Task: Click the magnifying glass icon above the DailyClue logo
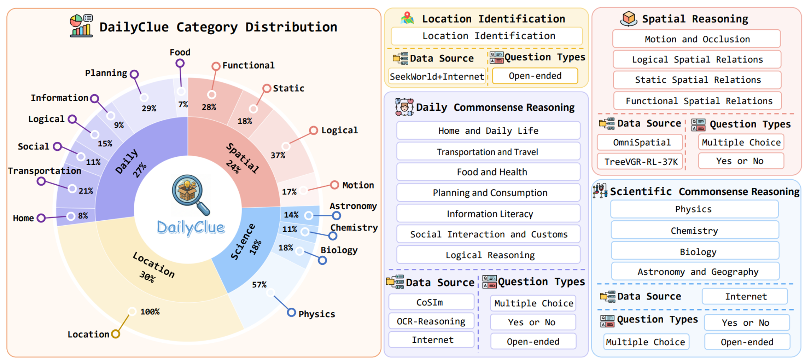coord(190,194)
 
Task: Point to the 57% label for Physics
coord(259,285)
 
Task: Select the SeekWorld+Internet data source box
coord(437,76)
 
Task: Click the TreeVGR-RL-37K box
coord(641,162)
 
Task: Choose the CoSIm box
coord(430,302)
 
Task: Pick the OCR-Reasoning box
coord(431,321)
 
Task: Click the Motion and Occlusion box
coord(697,39)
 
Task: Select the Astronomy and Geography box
coord(698,272)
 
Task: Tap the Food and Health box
coord(491,172)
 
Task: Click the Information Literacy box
coord(490,214)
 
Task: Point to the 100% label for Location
coord(150,312)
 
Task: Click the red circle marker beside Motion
coord(334,185)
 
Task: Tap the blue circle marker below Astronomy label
coord(336,215)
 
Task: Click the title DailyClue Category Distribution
coord(218,27)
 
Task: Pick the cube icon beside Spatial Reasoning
coord(629,18)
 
